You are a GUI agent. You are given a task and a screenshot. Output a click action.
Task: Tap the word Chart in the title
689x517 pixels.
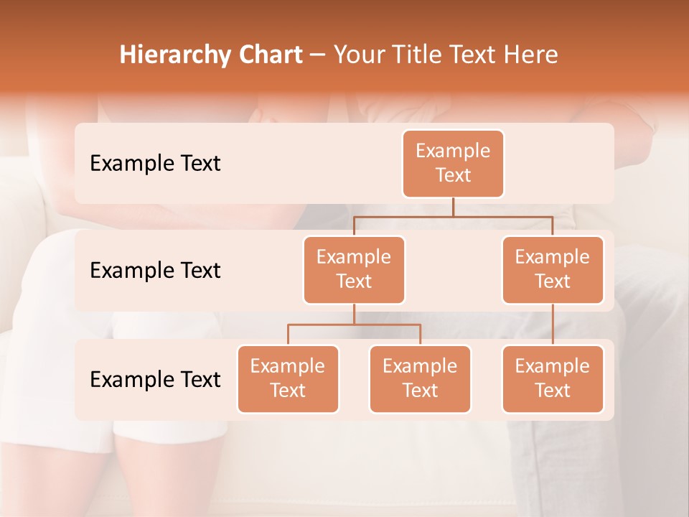268,55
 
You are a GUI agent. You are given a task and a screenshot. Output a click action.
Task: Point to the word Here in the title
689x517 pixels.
529,55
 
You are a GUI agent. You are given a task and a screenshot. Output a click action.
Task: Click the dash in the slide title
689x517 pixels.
317,55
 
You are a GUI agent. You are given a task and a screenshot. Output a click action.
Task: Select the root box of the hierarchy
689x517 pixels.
453,163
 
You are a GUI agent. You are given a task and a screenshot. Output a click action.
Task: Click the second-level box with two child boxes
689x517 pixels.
354,269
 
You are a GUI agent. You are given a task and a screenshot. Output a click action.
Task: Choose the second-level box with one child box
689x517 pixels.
553,269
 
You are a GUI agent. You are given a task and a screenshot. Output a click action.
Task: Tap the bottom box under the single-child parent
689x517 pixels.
553,378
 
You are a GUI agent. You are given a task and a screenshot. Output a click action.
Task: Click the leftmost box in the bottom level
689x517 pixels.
288,378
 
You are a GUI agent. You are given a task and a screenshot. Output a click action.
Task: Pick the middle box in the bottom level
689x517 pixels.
420,378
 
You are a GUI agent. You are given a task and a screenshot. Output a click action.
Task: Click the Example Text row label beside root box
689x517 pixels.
155,163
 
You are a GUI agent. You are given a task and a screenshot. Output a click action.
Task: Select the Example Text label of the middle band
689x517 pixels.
155,270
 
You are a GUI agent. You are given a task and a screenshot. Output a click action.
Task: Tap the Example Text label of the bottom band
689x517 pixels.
155,379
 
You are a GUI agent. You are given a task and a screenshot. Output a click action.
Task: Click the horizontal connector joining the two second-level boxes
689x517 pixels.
453,216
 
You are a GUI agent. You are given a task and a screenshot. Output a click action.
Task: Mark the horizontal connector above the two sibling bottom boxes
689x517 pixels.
354,325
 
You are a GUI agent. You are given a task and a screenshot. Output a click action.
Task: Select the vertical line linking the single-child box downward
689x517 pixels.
553,325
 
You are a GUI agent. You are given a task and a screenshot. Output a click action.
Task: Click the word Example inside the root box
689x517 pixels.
453,151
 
